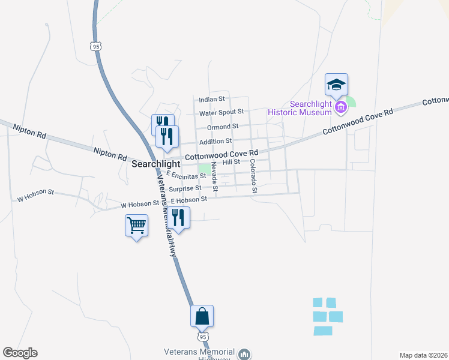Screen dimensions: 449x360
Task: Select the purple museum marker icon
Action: pos(342,107)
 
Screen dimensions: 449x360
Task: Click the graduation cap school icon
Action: pos(337,85)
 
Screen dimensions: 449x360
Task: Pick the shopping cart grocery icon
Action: pos(137,226)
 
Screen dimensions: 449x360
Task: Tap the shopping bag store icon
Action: pos(202,316)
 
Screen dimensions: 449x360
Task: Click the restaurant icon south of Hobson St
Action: pos(178,217)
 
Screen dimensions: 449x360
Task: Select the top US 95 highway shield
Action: pos(95,46)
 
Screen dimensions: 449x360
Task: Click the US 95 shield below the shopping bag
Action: pos(203,338)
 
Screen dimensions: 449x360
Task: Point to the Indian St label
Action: pos(212,99)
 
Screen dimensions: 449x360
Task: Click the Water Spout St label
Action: pos(221,112)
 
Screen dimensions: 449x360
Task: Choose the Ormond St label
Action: pos(223,127)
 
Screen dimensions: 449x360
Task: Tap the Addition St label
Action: pos(215,141)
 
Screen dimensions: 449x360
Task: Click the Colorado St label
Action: pos(253,176)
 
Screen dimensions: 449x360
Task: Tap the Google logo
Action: pos(20,353)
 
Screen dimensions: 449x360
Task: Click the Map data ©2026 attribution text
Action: pos(423,355)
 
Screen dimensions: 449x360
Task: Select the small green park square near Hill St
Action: pos(205,168)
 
